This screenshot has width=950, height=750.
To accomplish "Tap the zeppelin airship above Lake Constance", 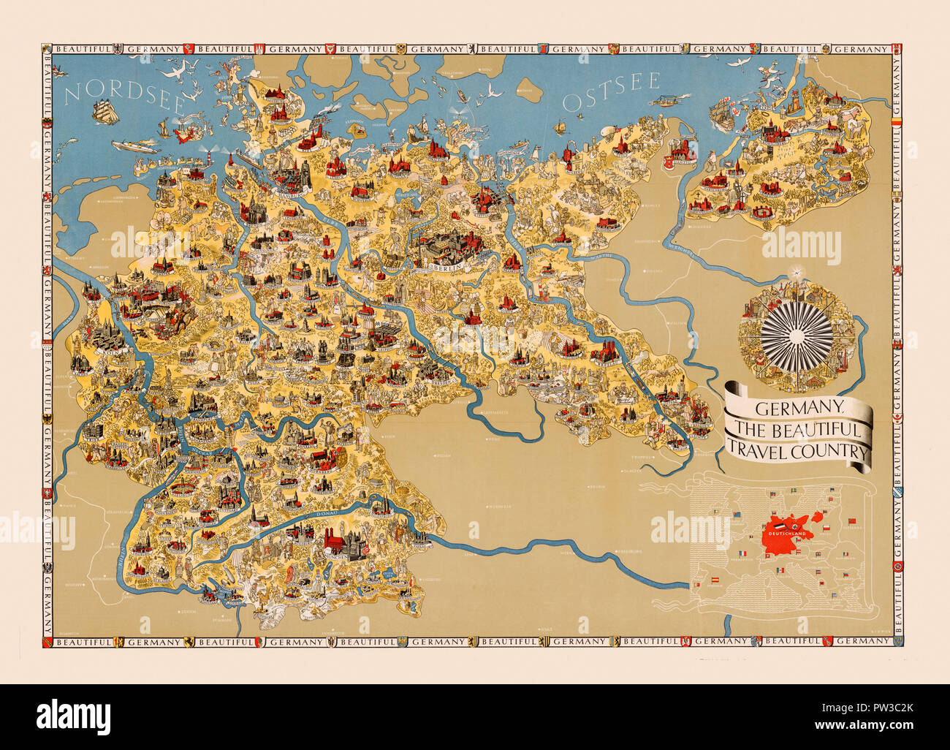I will (x=221, y=587).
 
